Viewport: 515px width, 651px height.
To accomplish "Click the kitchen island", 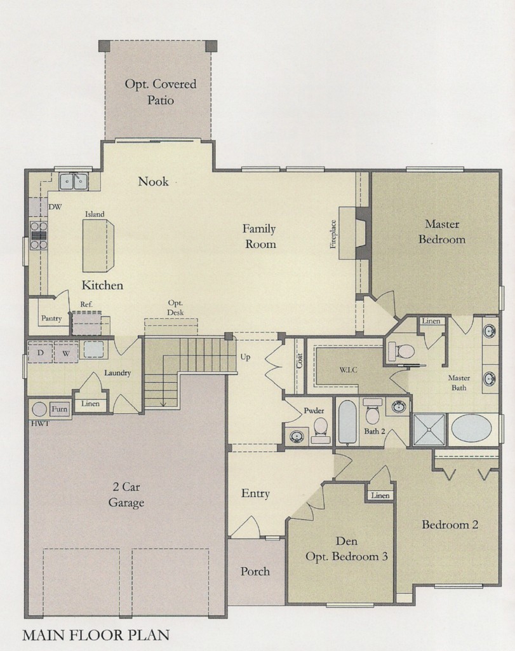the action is coord(98,245).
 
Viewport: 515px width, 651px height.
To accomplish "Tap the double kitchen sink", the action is coord(74,181).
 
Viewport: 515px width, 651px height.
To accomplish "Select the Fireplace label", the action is coord(333,234).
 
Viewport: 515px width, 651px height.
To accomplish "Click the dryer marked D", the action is coord(40,352).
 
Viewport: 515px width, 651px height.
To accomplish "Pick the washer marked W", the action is coord(66,353).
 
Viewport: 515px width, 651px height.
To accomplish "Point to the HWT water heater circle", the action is coord(39,409).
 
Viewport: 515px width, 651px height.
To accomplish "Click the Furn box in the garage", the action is coord(59,409).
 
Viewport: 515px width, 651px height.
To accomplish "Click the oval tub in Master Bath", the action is coord(471,429).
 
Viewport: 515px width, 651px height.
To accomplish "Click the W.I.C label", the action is coord(349,369).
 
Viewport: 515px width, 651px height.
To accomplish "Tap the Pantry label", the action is coord(51,319).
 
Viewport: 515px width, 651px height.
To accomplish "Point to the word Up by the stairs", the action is coord(245,357).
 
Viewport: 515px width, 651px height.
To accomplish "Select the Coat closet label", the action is coord(300,360).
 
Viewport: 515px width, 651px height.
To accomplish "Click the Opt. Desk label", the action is coord(175,308).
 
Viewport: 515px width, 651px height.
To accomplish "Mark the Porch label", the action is coord(255,572).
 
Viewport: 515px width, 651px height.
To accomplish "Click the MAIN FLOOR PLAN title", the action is coord(96,635).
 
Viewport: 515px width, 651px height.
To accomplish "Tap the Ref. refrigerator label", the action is coord(86,305).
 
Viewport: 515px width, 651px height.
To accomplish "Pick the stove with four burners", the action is coord(39,235).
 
